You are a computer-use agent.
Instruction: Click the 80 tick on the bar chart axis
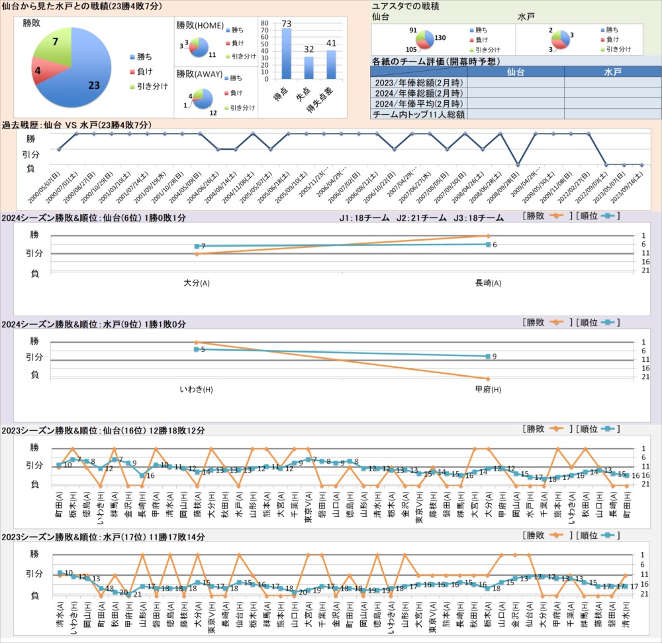click(265, 23)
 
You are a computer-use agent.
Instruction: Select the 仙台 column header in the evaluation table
click(516, 72)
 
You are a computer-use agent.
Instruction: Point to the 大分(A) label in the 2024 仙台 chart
click(197, 283)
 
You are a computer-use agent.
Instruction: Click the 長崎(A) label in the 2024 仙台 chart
click(488, 283)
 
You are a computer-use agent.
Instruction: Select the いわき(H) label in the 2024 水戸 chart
click(197, 389)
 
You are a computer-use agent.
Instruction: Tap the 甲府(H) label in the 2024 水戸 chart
click(488, 389)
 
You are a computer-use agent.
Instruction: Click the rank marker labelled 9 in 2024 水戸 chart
click(488, 357)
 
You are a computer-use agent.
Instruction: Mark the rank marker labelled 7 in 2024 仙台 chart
click(197, 247)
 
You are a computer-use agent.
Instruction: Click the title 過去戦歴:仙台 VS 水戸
click(77, 125)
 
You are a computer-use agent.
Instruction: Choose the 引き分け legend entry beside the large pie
click(149, 86)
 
